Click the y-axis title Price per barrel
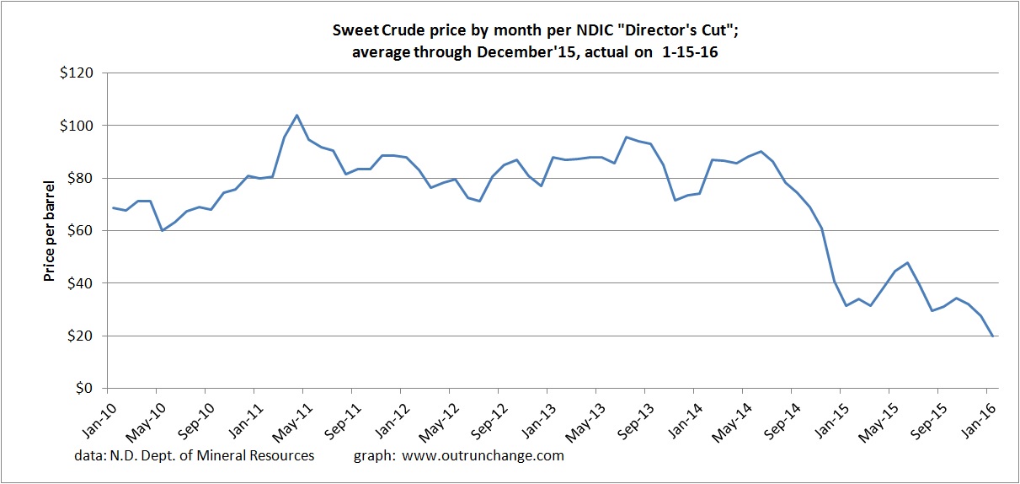point(50,230)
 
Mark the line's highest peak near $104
point(297,116)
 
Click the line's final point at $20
point(992,336)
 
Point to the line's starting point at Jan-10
point(113,207)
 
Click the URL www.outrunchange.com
point(483,455)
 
